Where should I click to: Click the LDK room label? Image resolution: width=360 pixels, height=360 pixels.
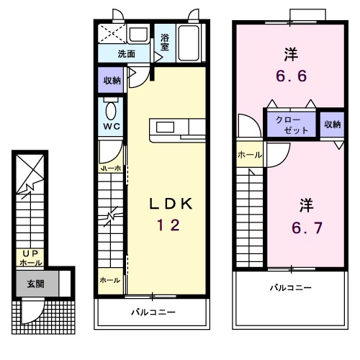pos(171,204)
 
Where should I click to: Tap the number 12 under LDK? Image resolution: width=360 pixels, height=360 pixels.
pos(168,225)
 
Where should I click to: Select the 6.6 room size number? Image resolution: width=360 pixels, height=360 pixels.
pos(292,76)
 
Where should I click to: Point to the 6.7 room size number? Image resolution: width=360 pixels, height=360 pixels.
pos(307,228)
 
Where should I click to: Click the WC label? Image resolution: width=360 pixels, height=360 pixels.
pos(112,126)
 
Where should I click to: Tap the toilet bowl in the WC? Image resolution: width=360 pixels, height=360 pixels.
pos(111,111)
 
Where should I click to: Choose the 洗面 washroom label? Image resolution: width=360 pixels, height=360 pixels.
pos(126,54)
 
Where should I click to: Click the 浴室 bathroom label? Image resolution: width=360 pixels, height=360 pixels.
pos(165,42)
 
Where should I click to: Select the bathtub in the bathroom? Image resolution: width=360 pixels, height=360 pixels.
pos(189,42)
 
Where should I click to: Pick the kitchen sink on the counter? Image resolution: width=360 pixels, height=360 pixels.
pos(165,127)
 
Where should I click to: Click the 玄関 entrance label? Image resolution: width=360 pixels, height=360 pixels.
pos(35,284)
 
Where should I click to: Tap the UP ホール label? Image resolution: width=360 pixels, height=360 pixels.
pos(31,258)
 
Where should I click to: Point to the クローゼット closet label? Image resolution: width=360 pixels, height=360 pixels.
pos(292,125)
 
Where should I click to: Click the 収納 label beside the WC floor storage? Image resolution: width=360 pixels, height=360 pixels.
pos(112,81)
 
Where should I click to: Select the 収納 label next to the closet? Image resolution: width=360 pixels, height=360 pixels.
pos(333,125)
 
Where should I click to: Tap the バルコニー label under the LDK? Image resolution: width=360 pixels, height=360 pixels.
pos(153,312)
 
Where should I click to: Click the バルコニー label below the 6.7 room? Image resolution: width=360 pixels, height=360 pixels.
pos(291,287)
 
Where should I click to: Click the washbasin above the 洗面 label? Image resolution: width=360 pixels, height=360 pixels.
pos(138,35)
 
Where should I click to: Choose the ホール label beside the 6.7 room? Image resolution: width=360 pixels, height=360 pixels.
pos(250,155)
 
